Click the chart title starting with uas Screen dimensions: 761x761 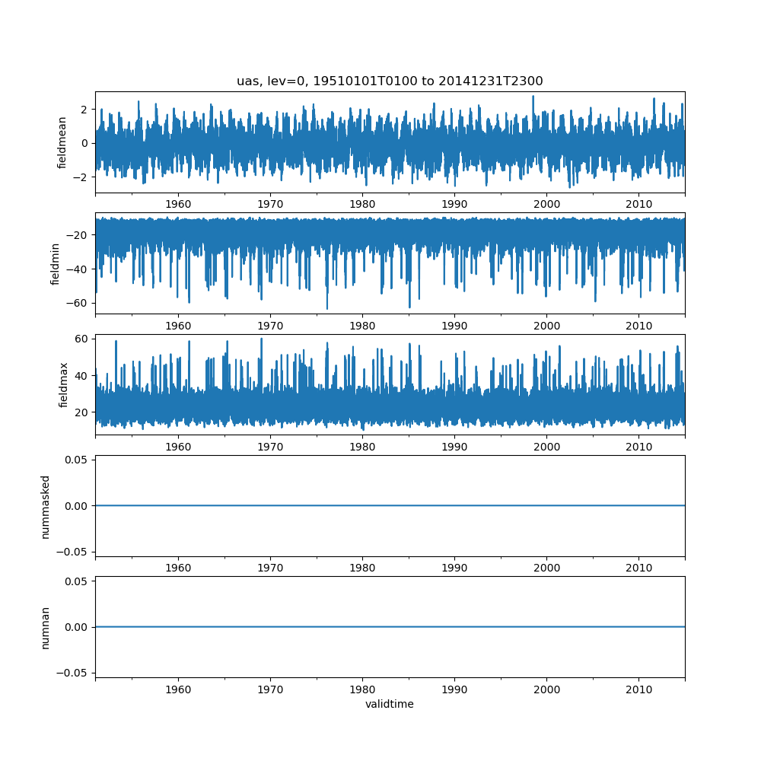tap(390, 81)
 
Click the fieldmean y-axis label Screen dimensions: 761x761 tap(62, 142)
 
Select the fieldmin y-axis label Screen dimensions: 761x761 tap(55, 263)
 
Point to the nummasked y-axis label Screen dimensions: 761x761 tap(45, 506)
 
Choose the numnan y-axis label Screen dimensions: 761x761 tap(45, 627)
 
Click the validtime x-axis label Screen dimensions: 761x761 tap(390, 704)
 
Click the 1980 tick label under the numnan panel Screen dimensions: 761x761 tap(362, 689)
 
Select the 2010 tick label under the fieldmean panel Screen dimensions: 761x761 tap(638, 204)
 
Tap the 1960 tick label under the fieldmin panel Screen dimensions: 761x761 tap(178, 326)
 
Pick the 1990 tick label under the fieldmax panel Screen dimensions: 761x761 tap(454, 447)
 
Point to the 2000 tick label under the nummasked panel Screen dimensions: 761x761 tap(546, 568)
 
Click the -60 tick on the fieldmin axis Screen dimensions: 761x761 tap(78, 303)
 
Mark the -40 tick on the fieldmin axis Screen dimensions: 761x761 tap(78, 269)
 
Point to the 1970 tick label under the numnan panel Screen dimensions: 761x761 tap(270, 689)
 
